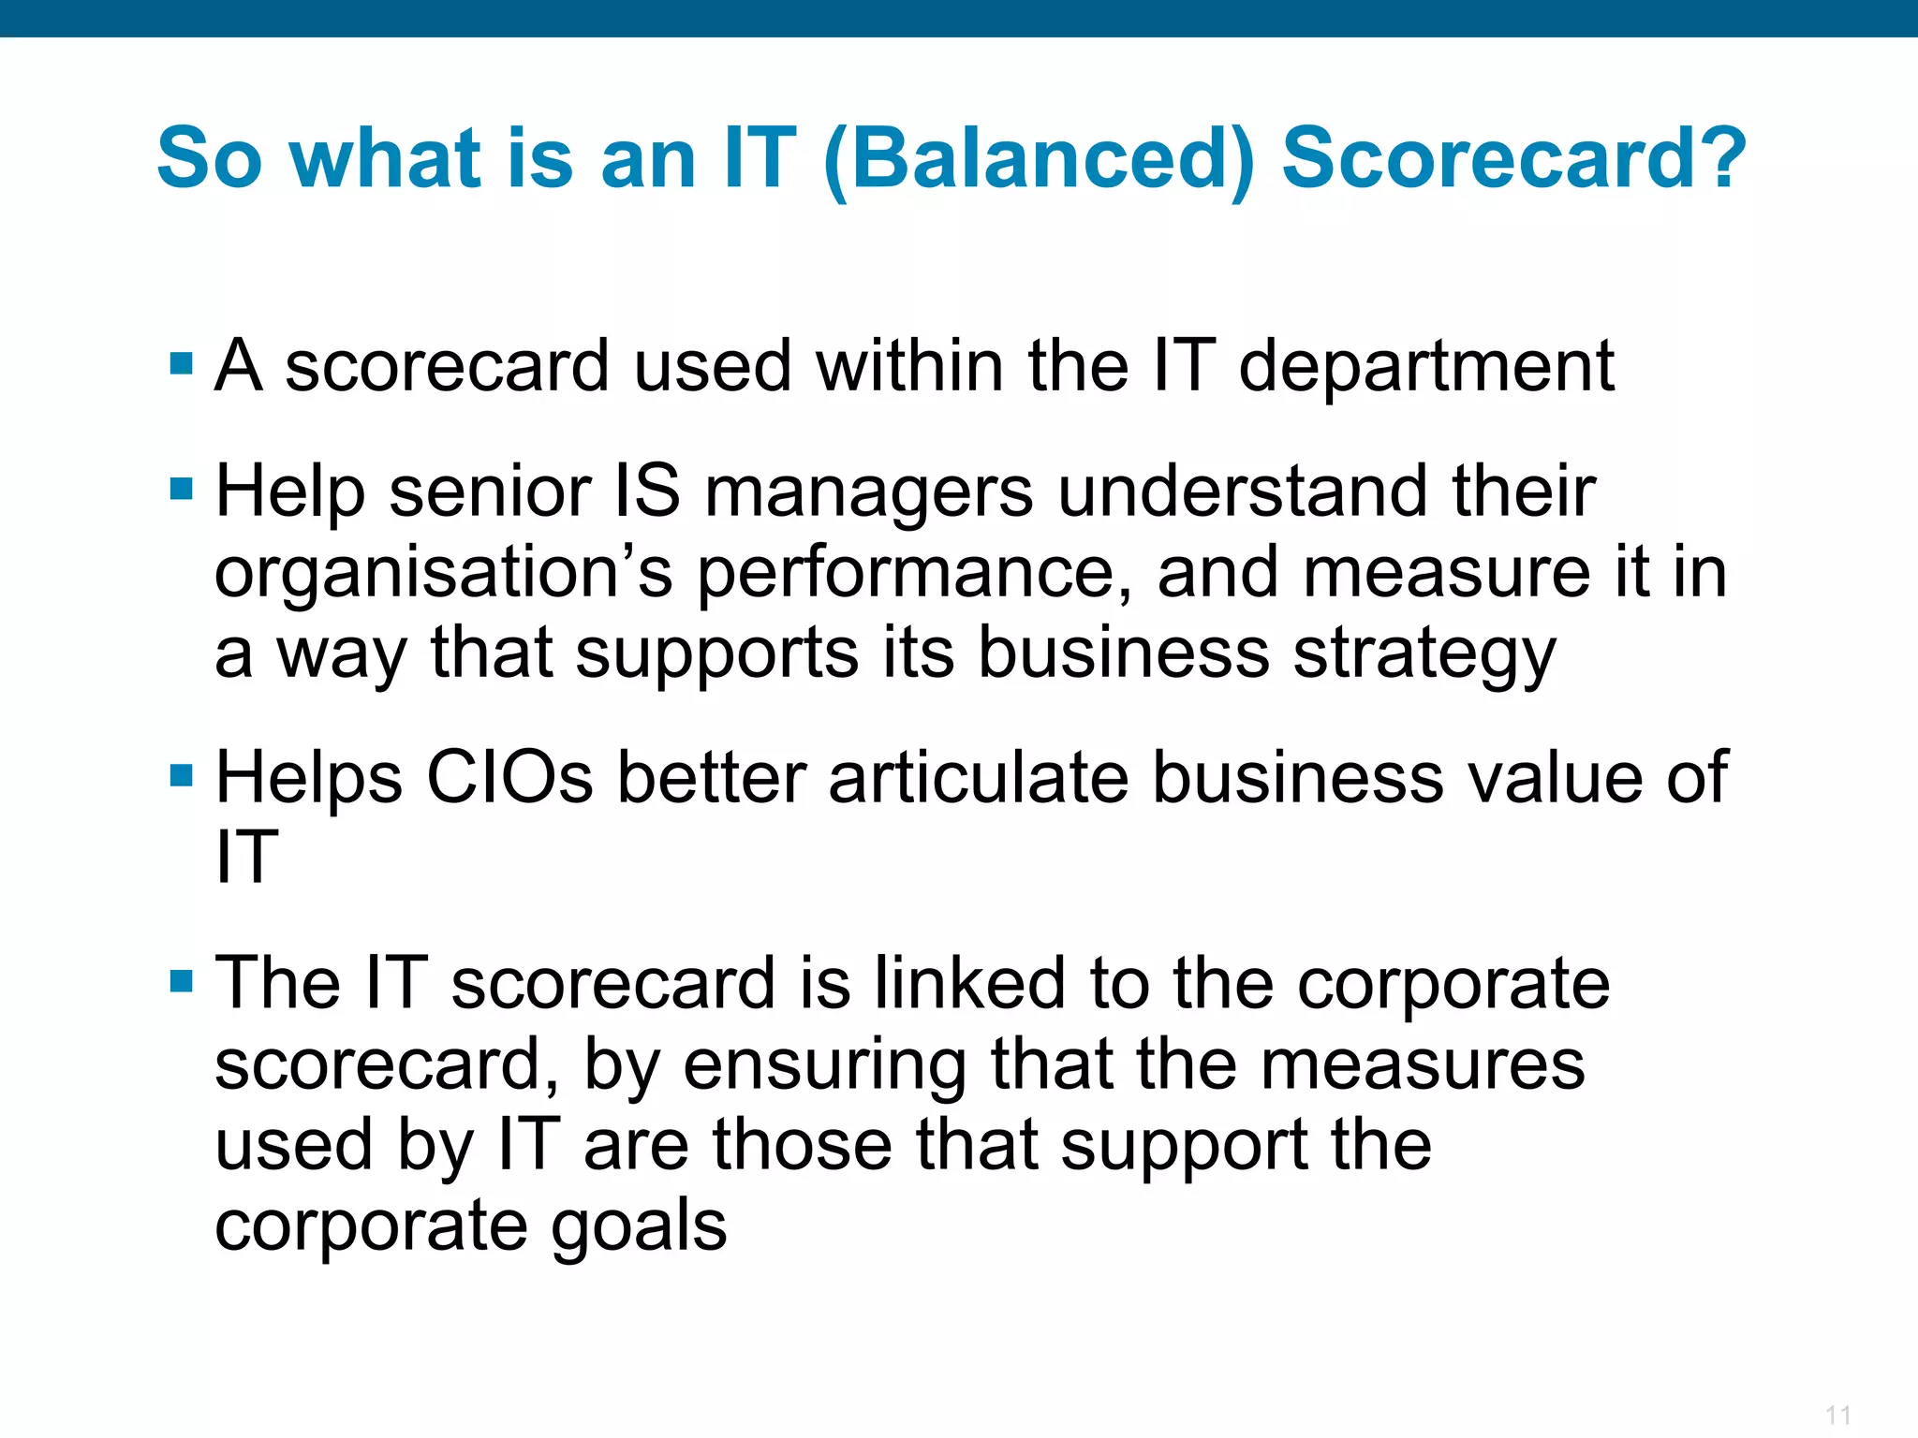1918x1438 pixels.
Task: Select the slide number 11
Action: (x=1837, y=1415)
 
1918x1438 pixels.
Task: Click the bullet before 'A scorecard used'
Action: (x=181, y=363)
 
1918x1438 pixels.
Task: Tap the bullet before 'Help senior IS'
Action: (x=181, y=489)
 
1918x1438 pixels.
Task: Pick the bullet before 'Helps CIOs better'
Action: (x=181, y=775)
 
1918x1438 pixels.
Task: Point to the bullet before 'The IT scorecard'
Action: (x=181, y=981)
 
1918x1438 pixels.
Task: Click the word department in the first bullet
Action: (x=1426, y=367)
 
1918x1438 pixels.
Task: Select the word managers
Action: (x=868, y=493)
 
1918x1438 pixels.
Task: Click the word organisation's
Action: (x=443, y=574)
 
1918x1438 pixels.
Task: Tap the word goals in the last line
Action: (x=638, y=1227)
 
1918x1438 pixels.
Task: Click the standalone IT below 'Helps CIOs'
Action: (x=246, y=858)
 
